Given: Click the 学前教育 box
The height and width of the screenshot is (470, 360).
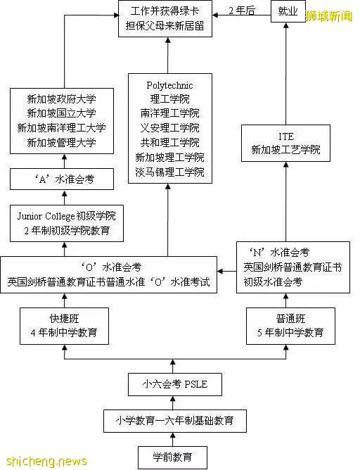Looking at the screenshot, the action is pos(172,457).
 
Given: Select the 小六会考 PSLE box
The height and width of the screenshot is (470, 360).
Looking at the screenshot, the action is pos(175,384).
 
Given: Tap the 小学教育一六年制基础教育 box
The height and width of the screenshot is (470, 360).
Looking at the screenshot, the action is pos(175,421).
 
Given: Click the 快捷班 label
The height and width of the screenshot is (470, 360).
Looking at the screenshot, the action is pos(64,318).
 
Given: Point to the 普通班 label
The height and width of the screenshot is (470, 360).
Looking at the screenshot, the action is pos(290,318).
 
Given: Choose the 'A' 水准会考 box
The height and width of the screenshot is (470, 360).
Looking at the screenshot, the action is pos(62,179).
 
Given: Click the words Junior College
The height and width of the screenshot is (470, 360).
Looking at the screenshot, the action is pos(46,216).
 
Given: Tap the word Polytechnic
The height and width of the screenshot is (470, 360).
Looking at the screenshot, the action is pos(169,85).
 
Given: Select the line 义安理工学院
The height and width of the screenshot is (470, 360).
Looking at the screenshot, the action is pos(170,127).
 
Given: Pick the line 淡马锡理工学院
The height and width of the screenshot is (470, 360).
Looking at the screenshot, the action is pos(170,172).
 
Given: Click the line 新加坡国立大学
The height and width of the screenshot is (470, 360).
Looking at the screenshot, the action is pos(61,113).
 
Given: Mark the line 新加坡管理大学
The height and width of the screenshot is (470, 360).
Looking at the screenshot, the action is pos(61,142).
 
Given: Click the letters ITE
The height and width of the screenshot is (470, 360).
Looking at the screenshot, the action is pos(285,136).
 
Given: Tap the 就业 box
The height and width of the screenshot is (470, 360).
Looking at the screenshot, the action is pos(288,11).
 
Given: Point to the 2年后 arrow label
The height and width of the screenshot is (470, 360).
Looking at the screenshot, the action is pos(242,11).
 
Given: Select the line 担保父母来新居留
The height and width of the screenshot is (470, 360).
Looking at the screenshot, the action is pos(165,26).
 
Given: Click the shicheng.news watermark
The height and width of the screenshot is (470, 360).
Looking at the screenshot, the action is pos(46,461).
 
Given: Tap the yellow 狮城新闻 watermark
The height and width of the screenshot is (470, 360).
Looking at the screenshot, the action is pos(328,15).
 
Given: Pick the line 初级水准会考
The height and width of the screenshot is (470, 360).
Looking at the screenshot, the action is pos(273,281).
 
